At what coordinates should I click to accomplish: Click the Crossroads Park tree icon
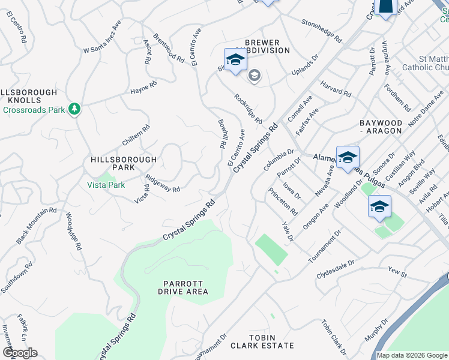tap(74, 109)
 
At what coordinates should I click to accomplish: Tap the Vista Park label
tap(106, 185)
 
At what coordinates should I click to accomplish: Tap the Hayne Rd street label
tap(143, 91)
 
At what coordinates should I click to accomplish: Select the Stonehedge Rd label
tap(321, 31)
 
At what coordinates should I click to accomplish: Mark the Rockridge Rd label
tap(249, 109)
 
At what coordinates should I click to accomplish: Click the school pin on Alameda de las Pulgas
tap(348, 159)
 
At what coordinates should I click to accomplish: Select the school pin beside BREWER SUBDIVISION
tap(235, 60)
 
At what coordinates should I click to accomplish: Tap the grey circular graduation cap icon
tap(254, 76)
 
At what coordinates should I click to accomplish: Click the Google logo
tap(20, 353)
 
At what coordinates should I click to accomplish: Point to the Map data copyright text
tap(412, 355)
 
